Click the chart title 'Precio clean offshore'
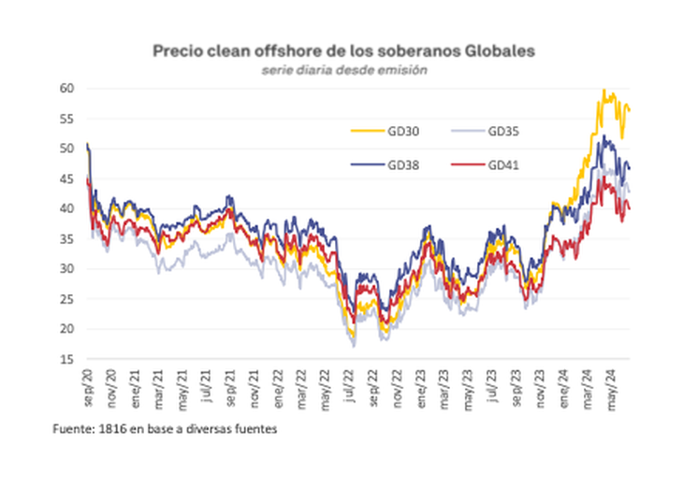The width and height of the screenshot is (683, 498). pyautogui.click(x=344, y=50)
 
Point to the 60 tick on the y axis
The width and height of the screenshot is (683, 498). pyautogui.click(x=67, y=89)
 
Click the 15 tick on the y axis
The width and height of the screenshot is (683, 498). pyautogui.click(x=67, y=359)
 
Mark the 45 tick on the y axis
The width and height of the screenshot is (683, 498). pyautogui.click(x=67, y=178)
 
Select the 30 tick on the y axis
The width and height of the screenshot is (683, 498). pyautogui.click(x=67, y=269)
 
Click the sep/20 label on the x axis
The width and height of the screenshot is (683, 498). pyautogui.click(x=87, y=385)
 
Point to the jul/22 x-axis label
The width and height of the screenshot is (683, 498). pyautogui.click(x=348, y=384)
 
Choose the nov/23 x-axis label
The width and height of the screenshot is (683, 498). pyautogui.click(x=539, y=385)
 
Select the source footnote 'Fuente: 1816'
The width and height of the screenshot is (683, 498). pyautogui.click(x=166, y=430)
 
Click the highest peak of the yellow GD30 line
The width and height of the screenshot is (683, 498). pyautogui.click(x=603, y=91)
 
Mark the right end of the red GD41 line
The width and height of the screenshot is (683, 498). pyautogui.click(x=629, y=208)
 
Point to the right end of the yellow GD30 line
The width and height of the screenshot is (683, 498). pyautogui.click(x=629, y=110)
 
